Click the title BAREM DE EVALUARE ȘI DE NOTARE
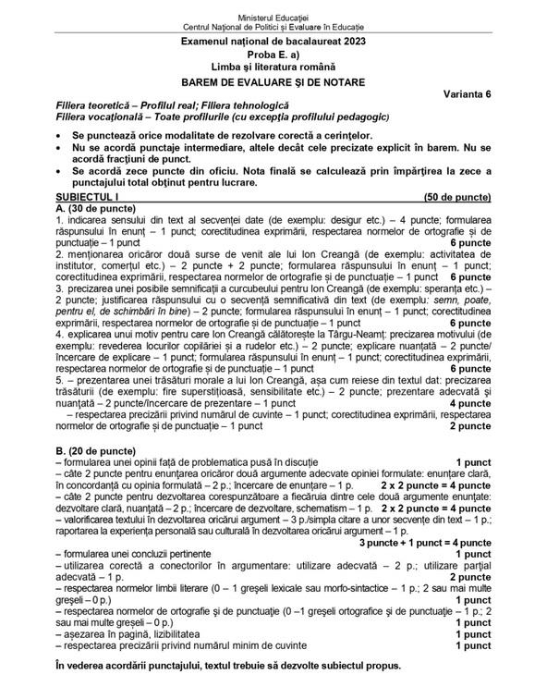pos(279,81)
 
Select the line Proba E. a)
pos(279,55)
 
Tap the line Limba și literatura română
pos(279,68)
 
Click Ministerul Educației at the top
pos(279,7)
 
